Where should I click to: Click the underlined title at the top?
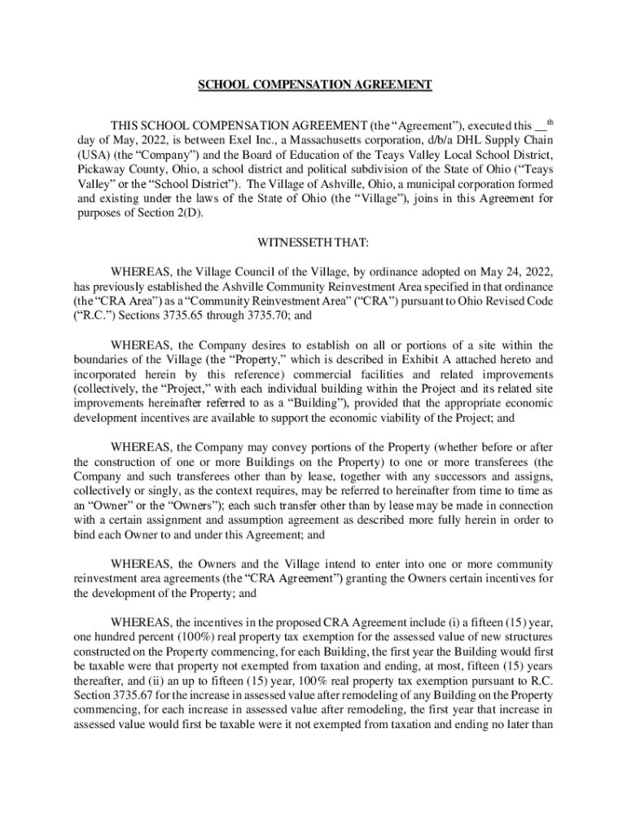click(x=313, y=85)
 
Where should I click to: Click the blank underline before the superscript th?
click(x=541, y=128)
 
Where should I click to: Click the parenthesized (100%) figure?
click(x=208, y=634)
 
